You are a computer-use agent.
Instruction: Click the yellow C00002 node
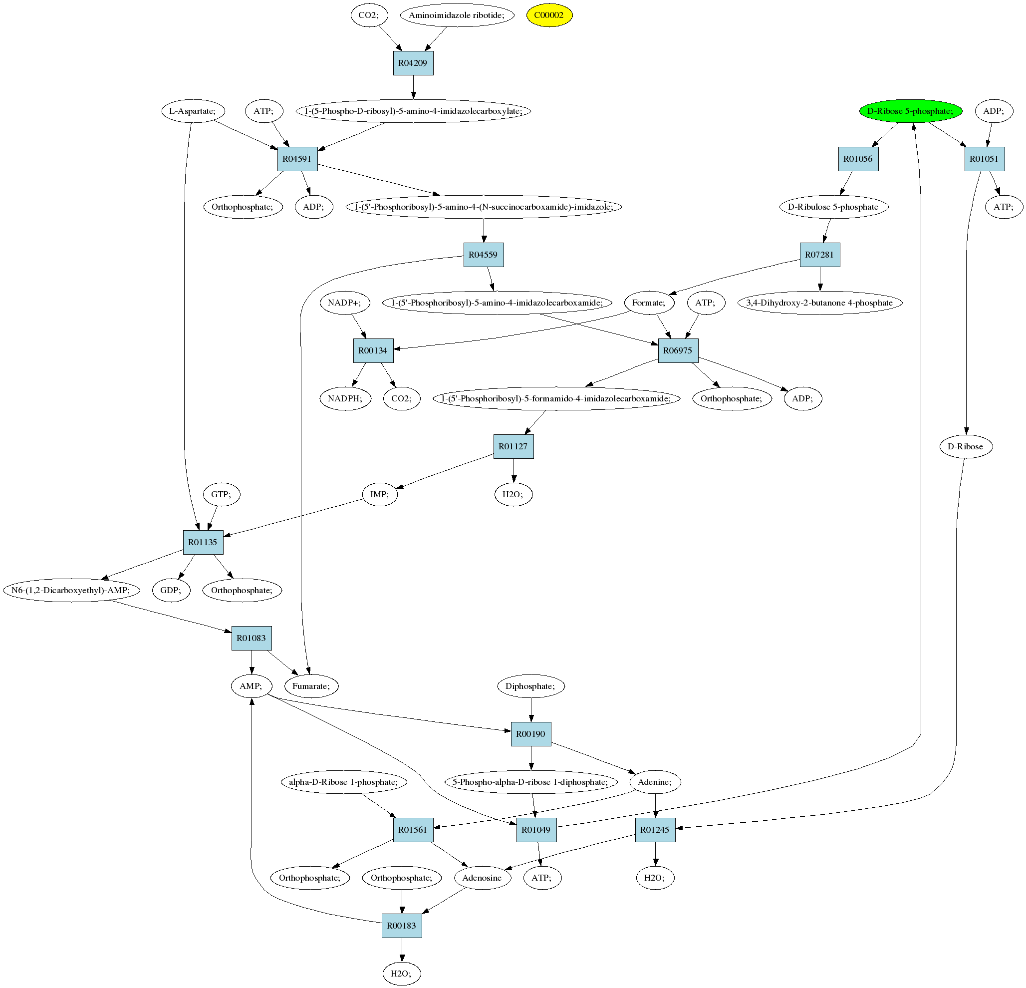pyautogui.click(x=549, y=15)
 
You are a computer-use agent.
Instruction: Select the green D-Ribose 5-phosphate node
pyautogui.click(x=910, y=111)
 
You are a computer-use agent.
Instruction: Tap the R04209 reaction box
pyautogui.click(x=413, y=63)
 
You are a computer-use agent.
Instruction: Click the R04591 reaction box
pyautogui.click(x=297, y=159)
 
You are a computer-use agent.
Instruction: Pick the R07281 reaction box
pyautogui.click(x=820, y=255)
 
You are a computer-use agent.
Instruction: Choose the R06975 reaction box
pyautogui.click(x=678, y=350)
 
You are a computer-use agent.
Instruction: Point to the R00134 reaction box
pyautogui.click(x=373, y=350)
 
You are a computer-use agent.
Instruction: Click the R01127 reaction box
pyautogui.click(x=513, y=446)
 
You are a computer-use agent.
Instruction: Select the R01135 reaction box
pyautogui.click(x=203, y=542)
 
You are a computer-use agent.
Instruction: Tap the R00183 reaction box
pyautogui.click(x=402, y=925)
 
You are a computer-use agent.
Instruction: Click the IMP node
pyautogui.click(x=380, y=494)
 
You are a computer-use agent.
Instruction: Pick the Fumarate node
pyautogui.click(x=311, y=686)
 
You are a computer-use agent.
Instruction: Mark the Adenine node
pyautogui.click(x=655, y=782)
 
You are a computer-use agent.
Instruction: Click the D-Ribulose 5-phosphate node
pyautogui.click(x=833, y=207)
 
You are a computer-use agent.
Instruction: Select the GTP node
pyautogui.click(x=222, y=494)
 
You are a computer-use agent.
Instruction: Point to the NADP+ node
pyautogui.click(x=344, y=303)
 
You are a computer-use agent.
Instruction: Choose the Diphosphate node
pyautogui.click(x=531, y=686)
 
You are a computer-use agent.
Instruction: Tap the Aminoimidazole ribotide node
pyautogui.click(x=457, y=15)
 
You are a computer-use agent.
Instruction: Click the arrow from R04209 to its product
pyautogui.click(x=413, y=87)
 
